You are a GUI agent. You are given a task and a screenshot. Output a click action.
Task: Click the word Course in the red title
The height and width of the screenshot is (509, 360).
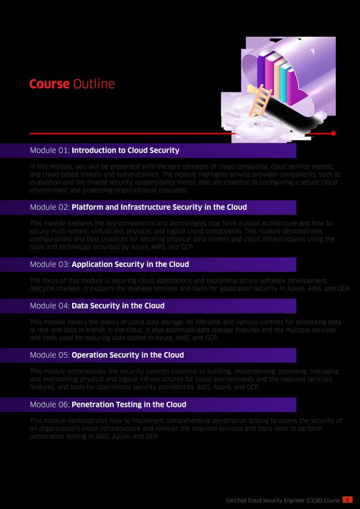(49, 85)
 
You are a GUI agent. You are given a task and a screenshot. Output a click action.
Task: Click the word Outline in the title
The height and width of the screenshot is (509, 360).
(94, 85)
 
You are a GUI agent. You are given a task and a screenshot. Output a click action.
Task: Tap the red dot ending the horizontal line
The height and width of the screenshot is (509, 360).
(333, 134)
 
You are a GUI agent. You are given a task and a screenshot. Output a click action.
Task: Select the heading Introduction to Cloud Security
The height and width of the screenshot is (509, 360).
(125, 151)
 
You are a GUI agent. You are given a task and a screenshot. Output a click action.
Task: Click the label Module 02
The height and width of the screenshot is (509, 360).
(49, 207)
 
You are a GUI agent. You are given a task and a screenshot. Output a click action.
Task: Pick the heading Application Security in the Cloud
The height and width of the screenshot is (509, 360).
(130, 264)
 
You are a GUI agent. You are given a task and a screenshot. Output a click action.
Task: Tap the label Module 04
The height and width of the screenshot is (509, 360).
(49, 306)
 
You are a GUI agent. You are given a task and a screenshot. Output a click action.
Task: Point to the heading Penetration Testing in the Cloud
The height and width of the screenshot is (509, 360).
(129, 405)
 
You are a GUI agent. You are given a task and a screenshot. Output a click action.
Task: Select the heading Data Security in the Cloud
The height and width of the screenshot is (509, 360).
(118, 306)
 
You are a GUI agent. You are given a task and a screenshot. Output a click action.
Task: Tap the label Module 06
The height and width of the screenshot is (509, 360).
(49, 405)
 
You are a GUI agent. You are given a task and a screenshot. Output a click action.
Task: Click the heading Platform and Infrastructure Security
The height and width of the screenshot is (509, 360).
(159, 207)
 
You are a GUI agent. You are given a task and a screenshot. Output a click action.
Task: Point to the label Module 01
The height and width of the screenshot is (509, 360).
(49, 151)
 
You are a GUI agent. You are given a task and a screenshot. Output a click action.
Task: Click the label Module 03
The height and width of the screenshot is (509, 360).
(49, 264)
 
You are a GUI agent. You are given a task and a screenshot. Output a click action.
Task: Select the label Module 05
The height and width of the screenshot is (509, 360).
(49, 356)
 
